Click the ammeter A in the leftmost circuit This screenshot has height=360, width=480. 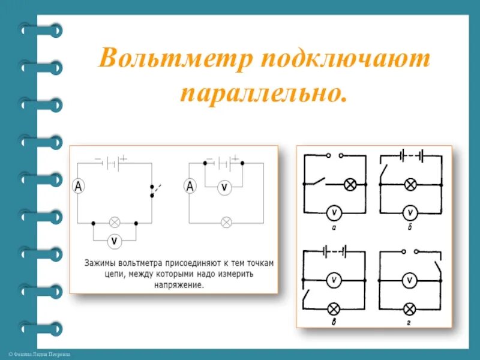click(x=78, y=187)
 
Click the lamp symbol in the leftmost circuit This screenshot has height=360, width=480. click(x=114, y=222)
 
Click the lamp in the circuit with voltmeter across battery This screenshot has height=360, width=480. click(x=226, y=222)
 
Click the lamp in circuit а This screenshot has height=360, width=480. click(x=350, y=184)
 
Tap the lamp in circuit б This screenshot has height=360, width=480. click(x=411, y=184)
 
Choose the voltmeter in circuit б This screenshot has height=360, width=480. click(x=411, y=212)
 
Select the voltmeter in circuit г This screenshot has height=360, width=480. click(x=411, y=280)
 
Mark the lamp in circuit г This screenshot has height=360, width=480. click(x=411, y=308)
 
